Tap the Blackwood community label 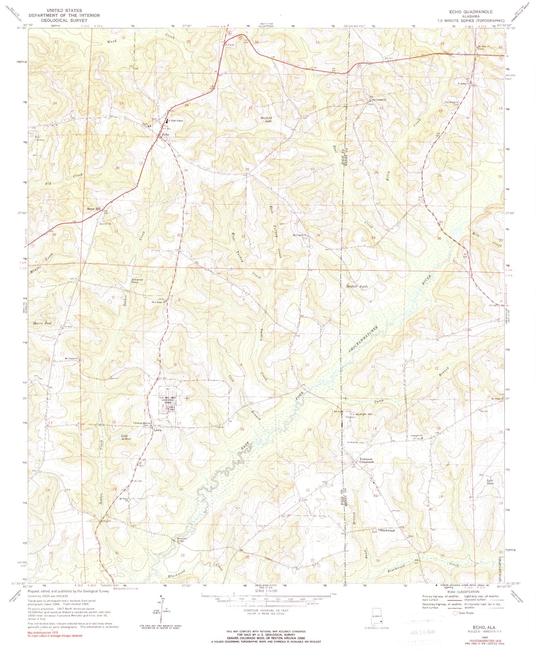pyautogui.click(x=387, y=530)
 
